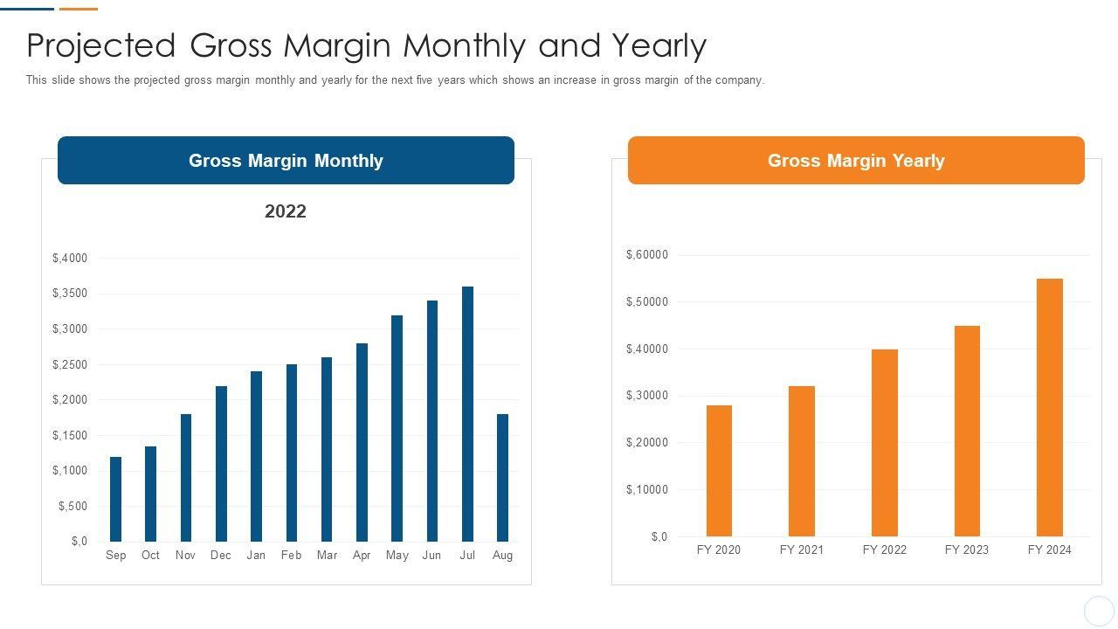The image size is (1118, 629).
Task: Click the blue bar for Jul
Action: [x=467, y=414]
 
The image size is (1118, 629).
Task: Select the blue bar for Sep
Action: [x=115, y=499]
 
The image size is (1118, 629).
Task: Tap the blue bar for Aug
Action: [x=502, y=478]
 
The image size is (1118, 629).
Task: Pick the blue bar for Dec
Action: [x=221, y=464]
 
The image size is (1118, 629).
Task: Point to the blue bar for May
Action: [x=397, y=428]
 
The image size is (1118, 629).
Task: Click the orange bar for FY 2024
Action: [x=1049, y=407]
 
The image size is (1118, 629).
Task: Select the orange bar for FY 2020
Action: [x=719, y=471]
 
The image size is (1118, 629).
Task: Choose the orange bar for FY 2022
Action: [x=884, y=443]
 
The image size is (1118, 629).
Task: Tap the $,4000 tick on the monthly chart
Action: [x=70, y=258]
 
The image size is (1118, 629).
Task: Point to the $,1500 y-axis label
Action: [x=70, y=435]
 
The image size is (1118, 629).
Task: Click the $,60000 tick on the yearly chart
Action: [x=646, y=255]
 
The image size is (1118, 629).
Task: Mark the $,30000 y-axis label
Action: [x=646, y=396]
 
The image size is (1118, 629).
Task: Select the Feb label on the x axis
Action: [x=291, y=556]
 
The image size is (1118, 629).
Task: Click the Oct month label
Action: [x=150, y=556]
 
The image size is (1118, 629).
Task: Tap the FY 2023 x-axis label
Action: [x=967, y=550]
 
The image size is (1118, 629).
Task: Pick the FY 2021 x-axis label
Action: [x=801, y=550]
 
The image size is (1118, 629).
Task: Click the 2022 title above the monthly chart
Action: [x=286, y=211]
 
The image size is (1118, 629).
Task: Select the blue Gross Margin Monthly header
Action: [x=286, y=161]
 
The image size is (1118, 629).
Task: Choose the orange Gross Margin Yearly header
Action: [x=856, y=161]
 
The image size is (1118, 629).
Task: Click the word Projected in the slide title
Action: [x=101, y=45]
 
